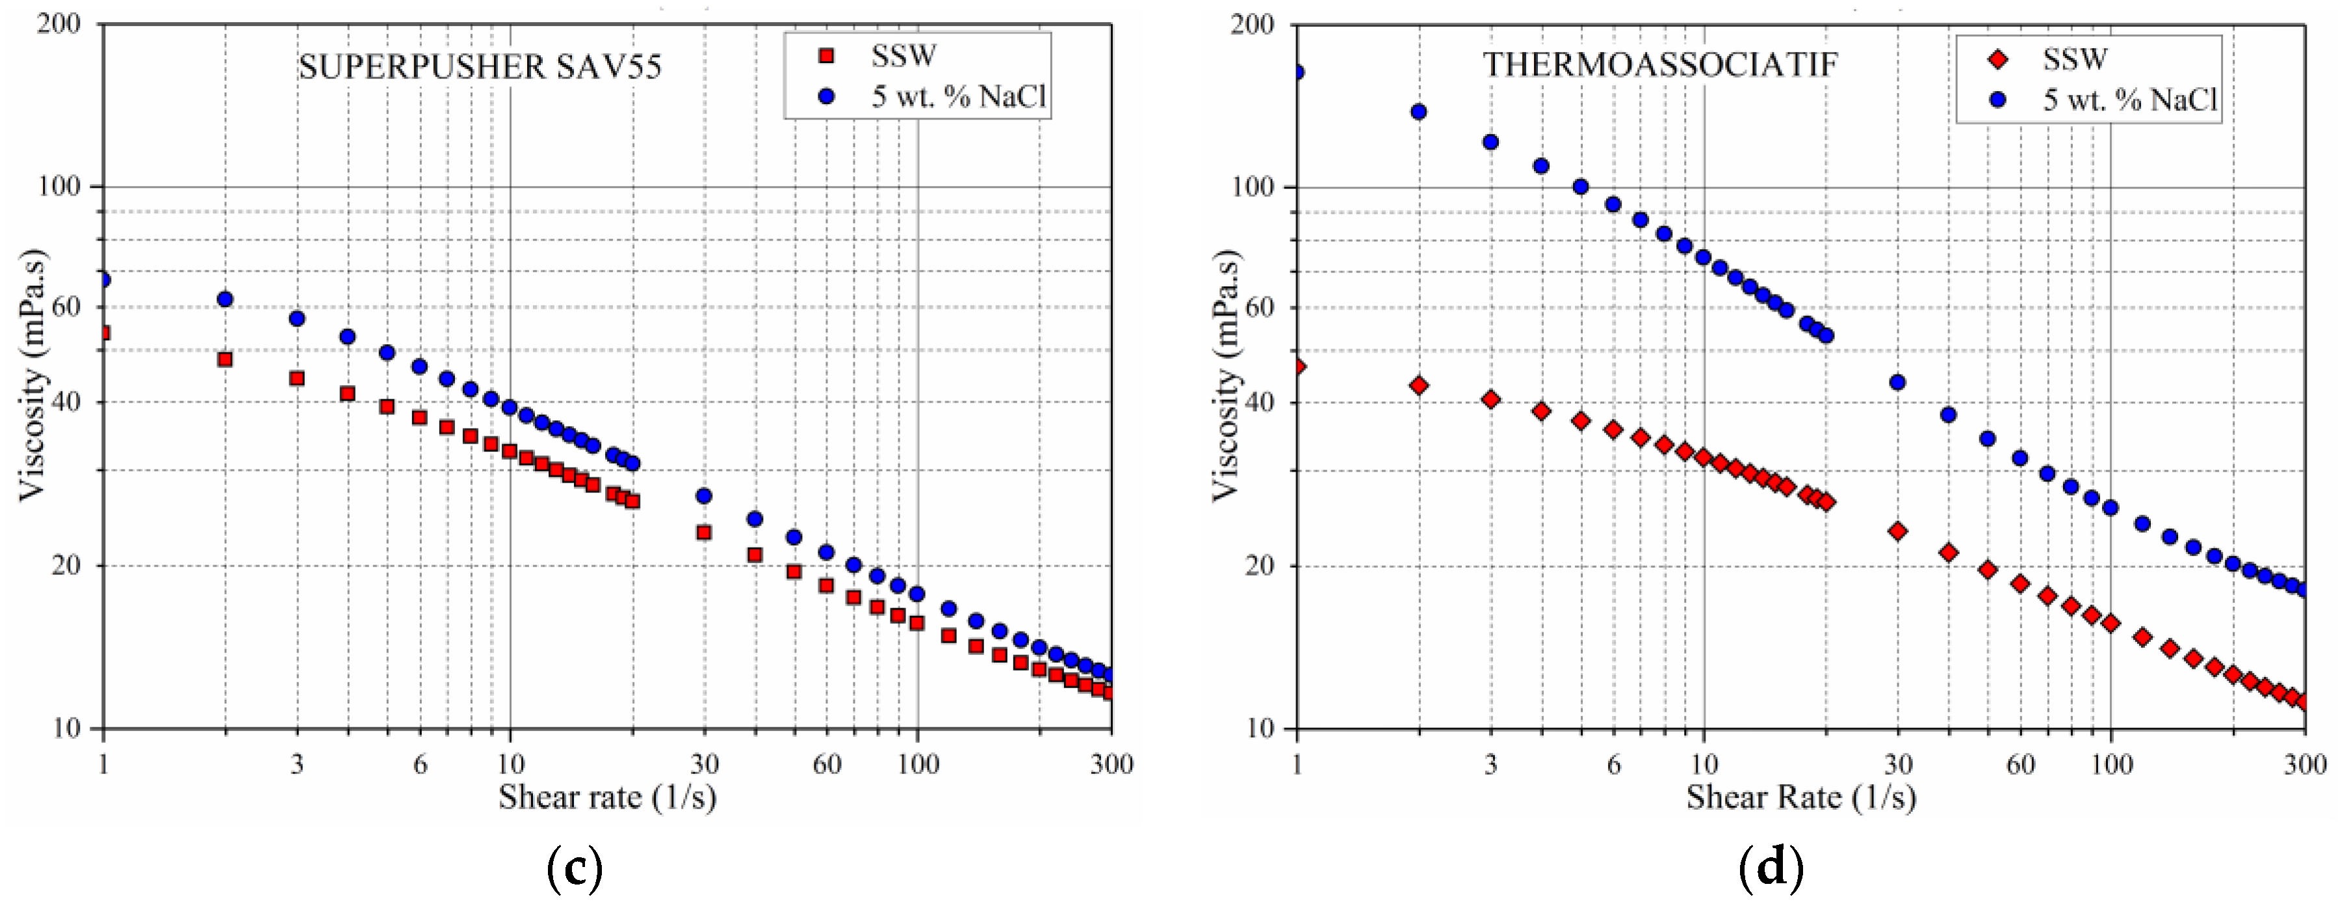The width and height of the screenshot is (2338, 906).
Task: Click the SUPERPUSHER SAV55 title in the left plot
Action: pos(480,67)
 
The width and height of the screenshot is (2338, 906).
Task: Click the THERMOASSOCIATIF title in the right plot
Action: pos(1660,64)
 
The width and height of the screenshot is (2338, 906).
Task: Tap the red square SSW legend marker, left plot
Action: pos(826,57)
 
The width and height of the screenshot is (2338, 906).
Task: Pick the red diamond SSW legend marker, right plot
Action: pos(1997,60)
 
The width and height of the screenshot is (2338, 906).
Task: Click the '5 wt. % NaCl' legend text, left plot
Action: pos(959,96)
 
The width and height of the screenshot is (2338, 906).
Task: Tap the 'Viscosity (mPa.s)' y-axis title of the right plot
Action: pos(1225,374)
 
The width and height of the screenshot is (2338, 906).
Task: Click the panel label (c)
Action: pos(575,867)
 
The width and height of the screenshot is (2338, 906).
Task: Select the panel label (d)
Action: pos(1771,867)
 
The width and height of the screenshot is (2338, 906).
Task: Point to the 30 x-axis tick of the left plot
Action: pos(705,764)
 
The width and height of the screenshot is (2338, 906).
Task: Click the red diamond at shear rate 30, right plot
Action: pos(1897,531)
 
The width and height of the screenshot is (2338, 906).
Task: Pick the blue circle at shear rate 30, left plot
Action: pos(703,496)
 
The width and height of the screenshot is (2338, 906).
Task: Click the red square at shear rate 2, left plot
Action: pos(225,360)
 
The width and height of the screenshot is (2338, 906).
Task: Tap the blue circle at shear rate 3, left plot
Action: pos(297,319)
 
